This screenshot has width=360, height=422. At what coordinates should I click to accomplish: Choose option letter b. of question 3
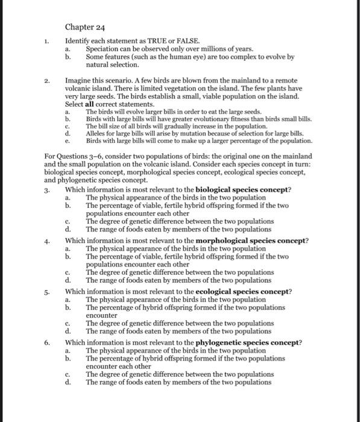pos(68,206)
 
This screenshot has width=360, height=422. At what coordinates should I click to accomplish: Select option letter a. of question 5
pos(68,300)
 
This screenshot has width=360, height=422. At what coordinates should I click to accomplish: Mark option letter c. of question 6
pos(68,374)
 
